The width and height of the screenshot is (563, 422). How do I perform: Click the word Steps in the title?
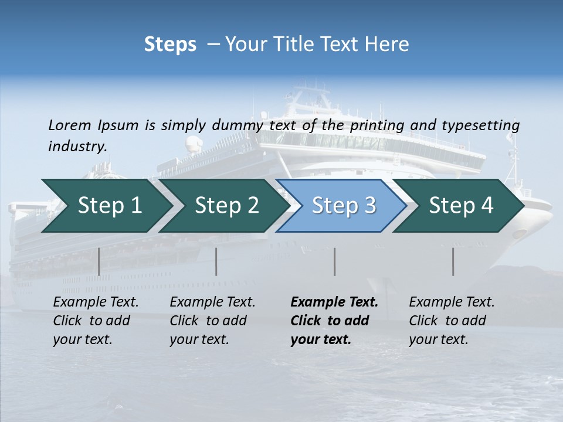(x=170, y=44)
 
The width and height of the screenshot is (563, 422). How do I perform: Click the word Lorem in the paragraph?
(x=69, y=125)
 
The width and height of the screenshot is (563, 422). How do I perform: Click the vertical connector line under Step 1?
(x=99, y=261)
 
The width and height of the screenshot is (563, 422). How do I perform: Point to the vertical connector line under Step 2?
(x=216, y=261)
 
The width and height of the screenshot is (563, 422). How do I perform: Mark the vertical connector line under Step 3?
(x=335, y=261)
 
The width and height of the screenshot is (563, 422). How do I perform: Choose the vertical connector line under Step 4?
(x=453, y=261)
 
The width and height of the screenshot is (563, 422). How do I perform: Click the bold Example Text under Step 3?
(x=334, y=302)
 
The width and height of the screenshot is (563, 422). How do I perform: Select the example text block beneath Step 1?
(x=96, y=321)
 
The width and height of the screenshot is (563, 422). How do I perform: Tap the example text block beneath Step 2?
(x=212, y=321)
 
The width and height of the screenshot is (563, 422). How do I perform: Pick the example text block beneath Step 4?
(x=452, y=321)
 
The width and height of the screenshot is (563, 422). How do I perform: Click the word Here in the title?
(x=386, y=44)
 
